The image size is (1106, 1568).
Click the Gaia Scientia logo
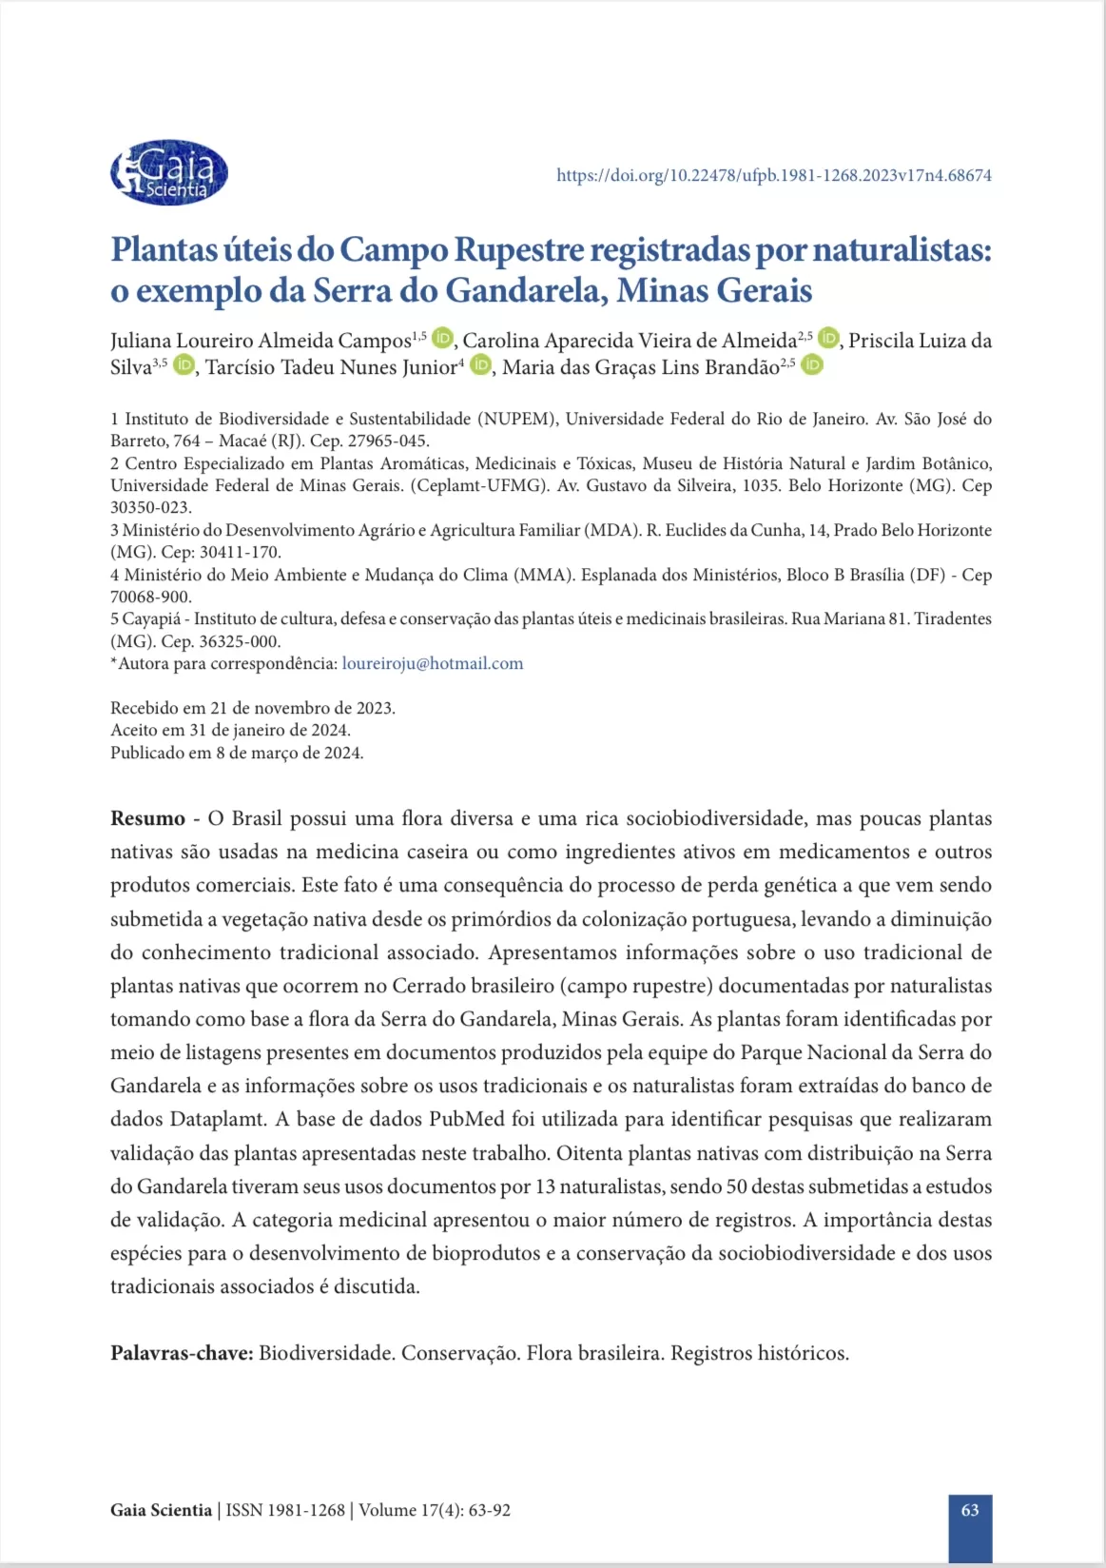[x=169, y=173]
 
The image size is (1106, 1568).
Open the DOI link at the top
[x=773, y=175]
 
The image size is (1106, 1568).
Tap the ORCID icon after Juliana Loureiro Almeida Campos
[x=442, y=339]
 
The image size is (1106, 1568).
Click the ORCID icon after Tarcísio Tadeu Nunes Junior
[x=481, y=365]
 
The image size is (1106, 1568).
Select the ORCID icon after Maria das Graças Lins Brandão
[x=811, y=365]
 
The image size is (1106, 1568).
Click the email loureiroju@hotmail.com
[x=432, y=663]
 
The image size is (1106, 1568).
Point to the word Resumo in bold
[x=147, y=818]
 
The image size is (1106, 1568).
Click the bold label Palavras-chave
[x=181, y=1353]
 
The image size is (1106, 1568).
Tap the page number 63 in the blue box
[x=970, y=1510]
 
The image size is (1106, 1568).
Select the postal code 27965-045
[x=389, y=441]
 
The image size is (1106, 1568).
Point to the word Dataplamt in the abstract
[x=219, y=1119]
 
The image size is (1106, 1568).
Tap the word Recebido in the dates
[x=146, y=708]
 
